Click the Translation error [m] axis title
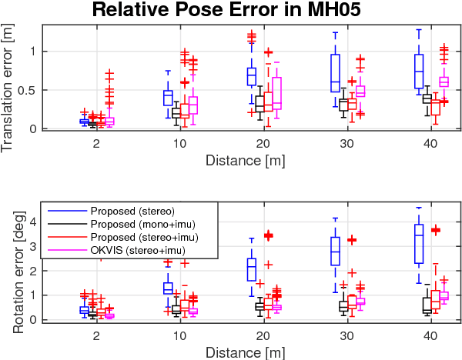pyautogui.click(x=9, y=78)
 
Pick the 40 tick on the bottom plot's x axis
pyautogui.click(x=430, y=335)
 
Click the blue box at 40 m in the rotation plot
pyautogui.click(x=419, y=244)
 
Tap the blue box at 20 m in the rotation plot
pyautogui.click(x=251, y=269)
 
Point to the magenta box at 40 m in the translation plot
pyautogui.click(x=444, y=82)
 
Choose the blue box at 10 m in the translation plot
pyautogui.click(x=168, y=98)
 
